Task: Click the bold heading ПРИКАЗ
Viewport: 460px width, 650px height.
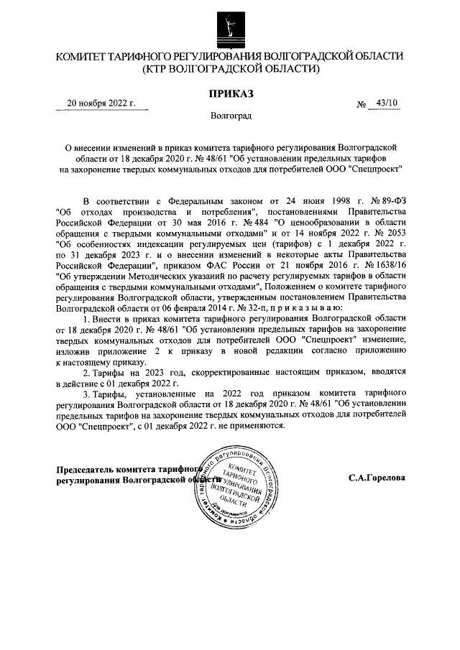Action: (230, 93)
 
